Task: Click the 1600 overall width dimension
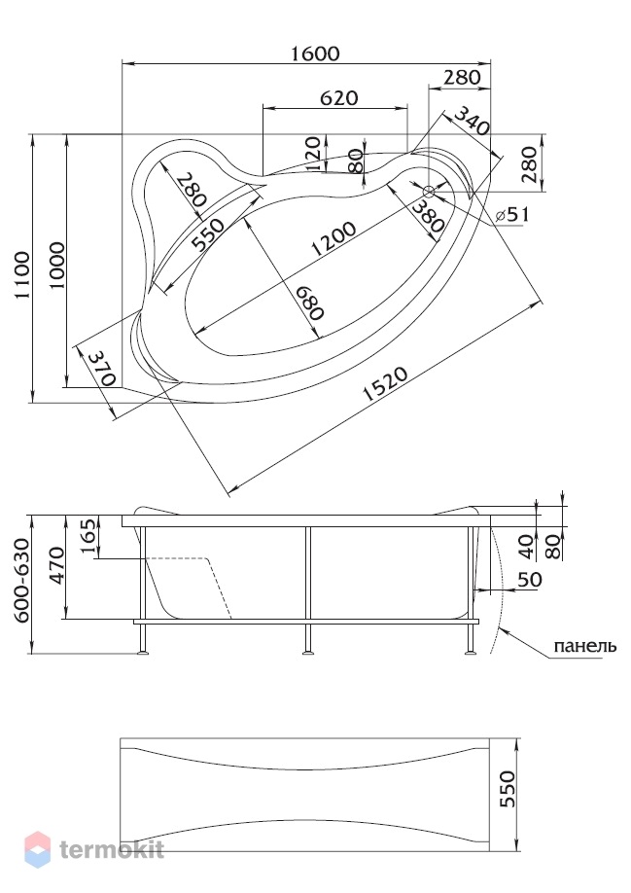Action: click(315, 54)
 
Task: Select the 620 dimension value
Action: click(339, 98)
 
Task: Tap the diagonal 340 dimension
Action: click(472, 122)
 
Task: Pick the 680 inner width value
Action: click(309, 302)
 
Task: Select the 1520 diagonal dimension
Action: click(385, 384)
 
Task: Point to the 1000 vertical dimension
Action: click(58, 266)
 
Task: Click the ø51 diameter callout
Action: click(512, 214)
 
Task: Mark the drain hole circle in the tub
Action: click(429, 191)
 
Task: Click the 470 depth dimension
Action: click(57, 565)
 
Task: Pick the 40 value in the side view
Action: click(527, 546)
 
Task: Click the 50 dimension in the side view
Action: click(530, 580)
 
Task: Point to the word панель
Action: click(585, 646)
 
